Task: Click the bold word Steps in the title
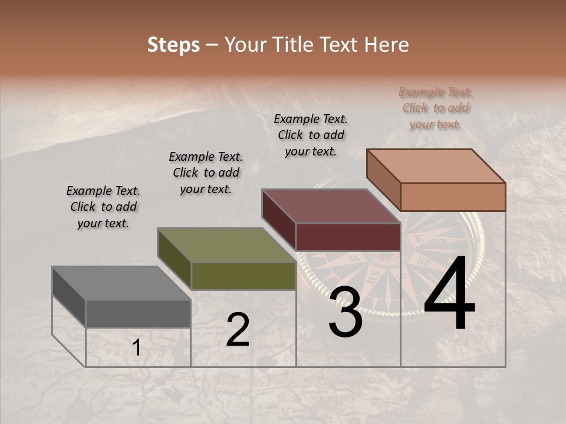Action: pos(173,45)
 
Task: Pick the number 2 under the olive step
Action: pos(238,330)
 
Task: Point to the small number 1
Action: pos(136,348)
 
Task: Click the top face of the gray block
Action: pos(121,283)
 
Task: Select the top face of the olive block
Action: pos(226,245)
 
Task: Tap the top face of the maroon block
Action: pos(331,206)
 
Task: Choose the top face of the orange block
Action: pos(436,166)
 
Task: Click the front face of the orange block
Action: pos(453,197)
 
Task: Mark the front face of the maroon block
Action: pos(348,237)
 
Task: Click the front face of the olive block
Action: pos(243,276)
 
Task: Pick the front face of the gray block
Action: pos(138,313)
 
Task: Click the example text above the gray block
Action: pos(103,207)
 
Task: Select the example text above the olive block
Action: pos(206,173)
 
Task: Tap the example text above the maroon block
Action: pos(311,135)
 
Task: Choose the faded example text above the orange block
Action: pos(436,108)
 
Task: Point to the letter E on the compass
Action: pos(420,238)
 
